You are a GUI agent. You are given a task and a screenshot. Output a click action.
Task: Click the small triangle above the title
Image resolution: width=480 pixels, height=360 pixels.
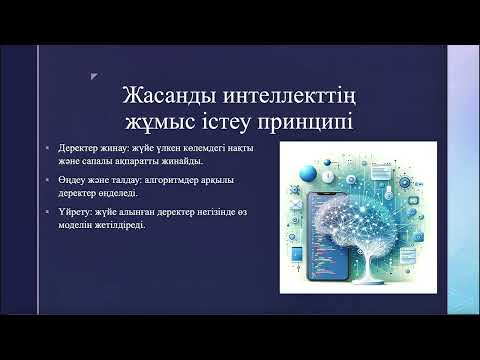[93, 73]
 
